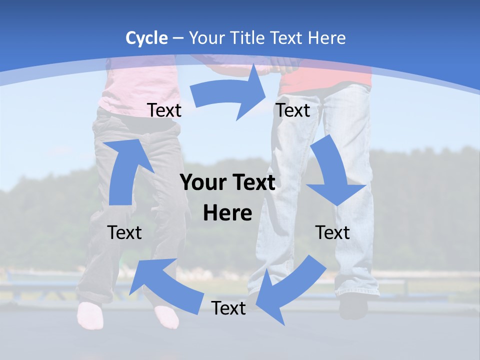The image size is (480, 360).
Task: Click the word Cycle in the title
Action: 146,38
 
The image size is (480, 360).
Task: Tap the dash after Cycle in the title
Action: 178,38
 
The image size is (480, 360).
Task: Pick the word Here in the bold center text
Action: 227,213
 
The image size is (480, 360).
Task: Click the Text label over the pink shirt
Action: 164,110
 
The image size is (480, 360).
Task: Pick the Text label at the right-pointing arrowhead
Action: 293,110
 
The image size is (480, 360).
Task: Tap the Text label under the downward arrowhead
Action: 332,232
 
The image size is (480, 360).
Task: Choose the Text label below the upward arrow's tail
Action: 124,232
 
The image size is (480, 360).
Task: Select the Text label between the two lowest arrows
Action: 228,308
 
